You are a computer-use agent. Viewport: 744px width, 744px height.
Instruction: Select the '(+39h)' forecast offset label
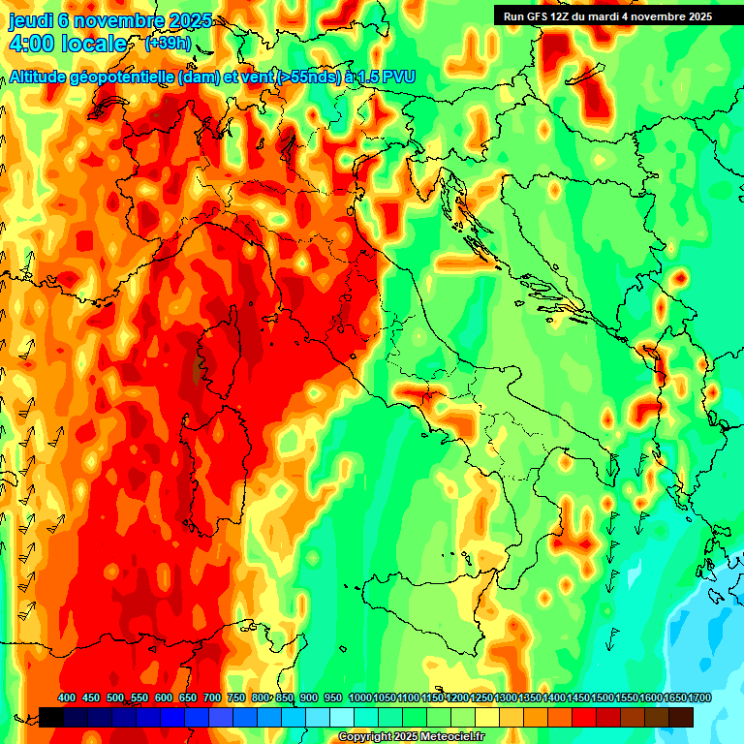(168, 44)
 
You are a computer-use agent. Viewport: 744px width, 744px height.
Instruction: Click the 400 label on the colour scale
(67, 698)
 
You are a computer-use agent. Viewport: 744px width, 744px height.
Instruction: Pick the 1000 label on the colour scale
(359, 698)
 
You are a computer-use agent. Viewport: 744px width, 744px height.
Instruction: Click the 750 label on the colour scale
(235, 698)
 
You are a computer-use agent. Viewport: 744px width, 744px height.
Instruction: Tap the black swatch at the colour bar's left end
(51, 717)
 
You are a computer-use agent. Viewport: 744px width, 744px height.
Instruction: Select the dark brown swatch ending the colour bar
(681, 717)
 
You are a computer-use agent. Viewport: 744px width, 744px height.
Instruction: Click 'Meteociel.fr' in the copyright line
(452, 737)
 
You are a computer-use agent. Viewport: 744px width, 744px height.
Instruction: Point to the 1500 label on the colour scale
(602, 698)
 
